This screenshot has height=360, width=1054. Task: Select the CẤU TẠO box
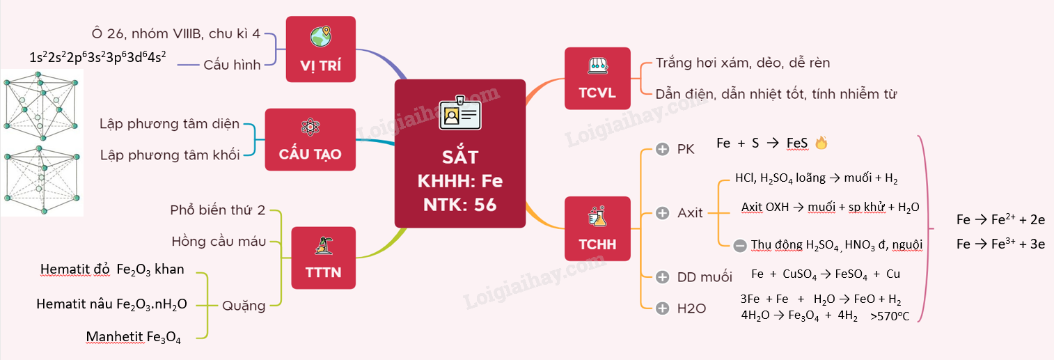pyautogui.click(x=310, y=139)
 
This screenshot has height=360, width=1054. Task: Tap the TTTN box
pyautogui.click(x=323, y=258)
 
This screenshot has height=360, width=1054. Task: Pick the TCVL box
pyautogui.click(x=597, y=78)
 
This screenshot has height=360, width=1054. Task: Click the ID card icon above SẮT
pyautogui.click(x=459, y=113)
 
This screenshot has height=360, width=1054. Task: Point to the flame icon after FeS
pyautogui.click(x=821, y=143)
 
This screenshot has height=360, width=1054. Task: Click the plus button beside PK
pyautogui.click(x=662, y=149)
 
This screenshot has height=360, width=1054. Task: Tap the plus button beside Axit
pyautogui.click(x=662, y=212)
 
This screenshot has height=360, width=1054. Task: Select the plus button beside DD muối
pyautogui.click(x=662, y=277)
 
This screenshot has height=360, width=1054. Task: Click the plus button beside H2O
pyautogui.click(x=662, y=307)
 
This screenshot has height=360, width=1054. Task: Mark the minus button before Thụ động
pyautogui.click(x=740, y=244)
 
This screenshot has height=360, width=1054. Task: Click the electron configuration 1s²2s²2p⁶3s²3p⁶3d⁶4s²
pyautogui.click(x=97, y=57)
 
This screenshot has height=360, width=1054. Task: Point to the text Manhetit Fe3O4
pyautogui.click(x=134, y=338)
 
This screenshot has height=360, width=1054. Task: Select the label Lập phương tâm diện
pyautogui.click(x=169, y=124)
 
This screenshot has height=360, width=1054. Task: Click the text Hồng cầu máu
pyautogui.click(x=219, y=242)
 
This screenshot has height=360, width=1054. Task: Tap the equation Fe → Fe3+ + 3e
pyautogui.click(x=1000, y=244)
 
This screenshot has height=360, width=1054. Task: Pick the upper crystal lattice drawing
pyautogui.click(x=40, y=104)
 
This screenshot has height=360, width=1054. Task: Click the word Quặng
pyautogui.click(x=244, y=305)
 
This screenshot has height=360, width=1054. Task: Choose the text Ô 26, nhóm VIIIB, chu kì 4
pyautogui.click(x=175, y=33)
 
